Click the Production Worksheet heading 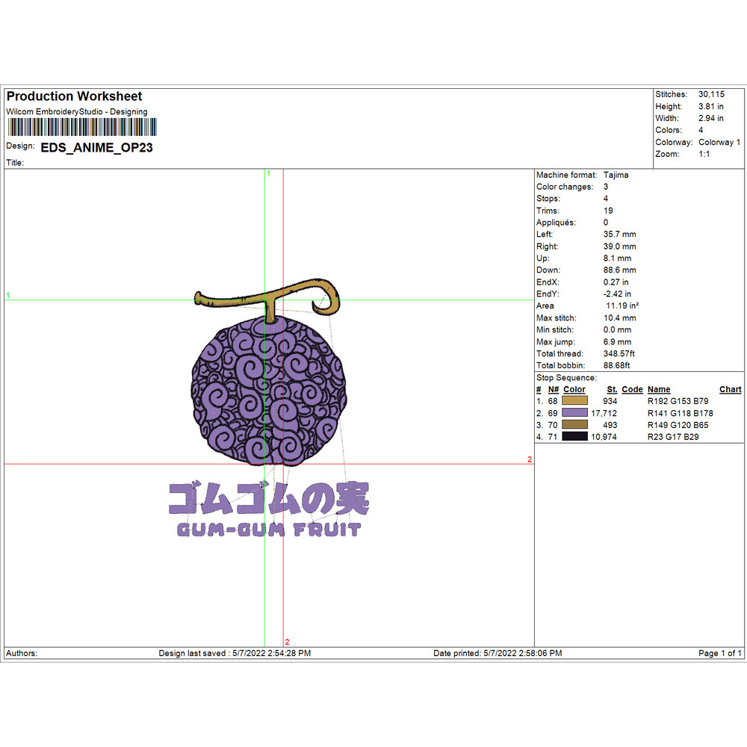click(74, 96)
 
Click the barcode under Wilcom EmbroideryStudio click(82, 127)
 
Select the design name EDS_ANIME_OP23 click(96, 148)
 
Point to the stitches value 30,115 click(711, 94)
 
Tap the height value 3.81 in click(711, 106)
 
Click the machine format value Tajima click(616, 175)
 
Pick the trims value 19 click(608, 211)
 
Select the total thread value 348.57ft click(619, 353)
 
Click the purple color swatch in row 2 click(574, 412)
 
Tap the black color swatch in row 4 click(574, 436)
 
